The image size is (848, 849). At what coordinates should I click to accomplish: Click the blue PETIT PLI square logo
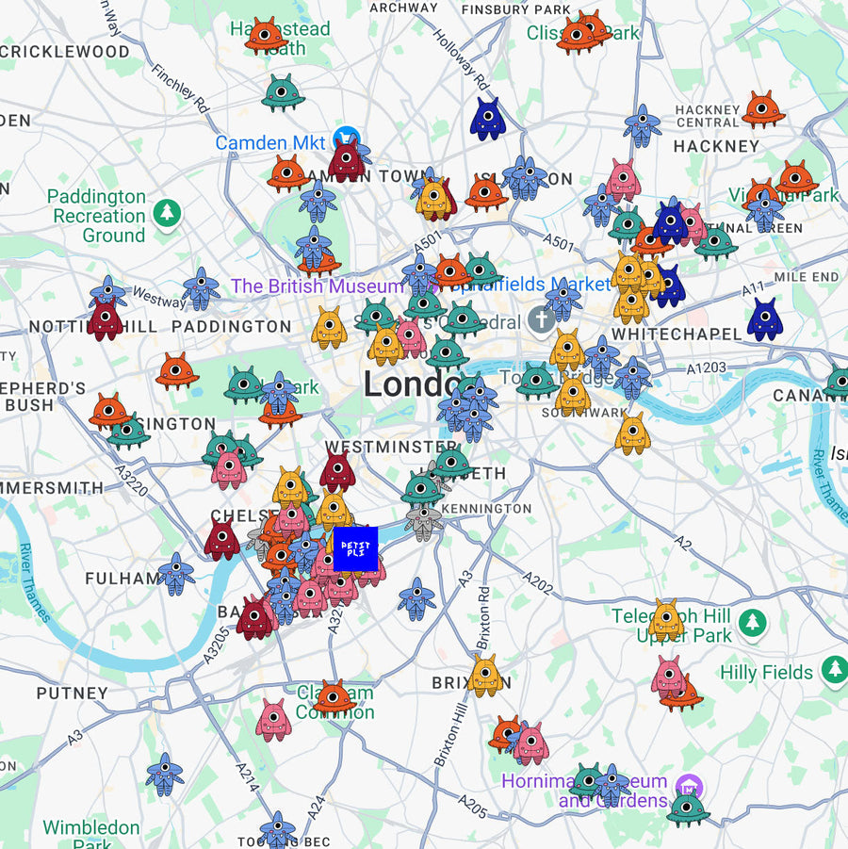tap(355, 549)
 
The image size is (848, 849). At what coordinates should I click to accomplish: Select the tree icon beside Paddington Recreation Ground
tap(168, 212)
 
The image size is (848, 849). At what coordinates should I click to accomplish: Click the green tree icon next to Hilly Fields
tap(833, 671)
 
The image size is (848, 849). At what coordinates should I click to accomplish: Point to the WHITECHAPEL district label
tap(677, 335)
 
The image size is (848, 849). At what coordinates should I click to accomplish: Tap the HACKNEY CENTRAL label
tap(708, 117)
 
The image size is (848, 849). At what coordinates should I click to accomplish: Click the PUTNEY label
tap(73, 694)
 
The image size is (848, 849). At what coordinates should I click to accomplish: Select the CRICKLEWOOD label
tap(66, 52)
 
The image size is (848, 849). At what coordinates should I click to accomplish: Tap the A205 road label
tap(474, 804)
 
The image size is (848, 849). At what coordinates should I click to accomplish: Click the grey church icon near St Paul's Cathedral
tap(541, 319)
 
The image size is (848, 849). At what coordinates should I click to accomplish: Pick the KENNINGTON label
tap(486, 509)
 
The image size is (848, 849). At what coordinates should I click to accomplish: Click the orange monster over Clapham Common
tap(334, 697)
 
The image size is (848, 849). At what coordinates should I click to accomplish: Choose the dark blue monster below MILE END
tap(765, 319)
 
